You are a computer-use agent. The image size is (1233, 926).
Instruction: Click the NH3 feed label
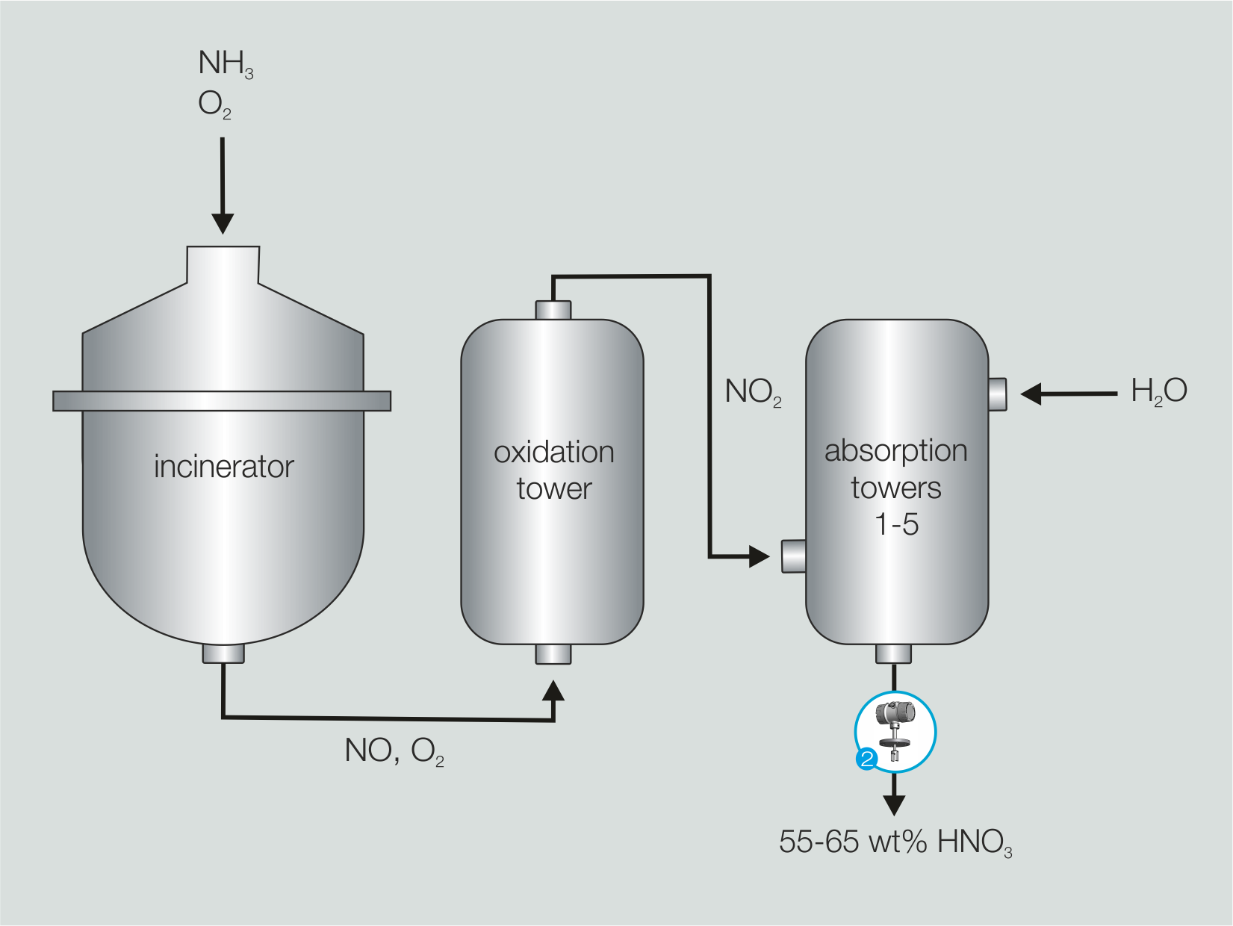225,63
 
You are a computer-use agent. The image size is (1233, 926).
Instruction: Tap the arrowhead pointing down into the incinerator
223,223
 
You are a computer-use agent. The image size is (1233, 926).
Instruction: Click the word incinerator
223,467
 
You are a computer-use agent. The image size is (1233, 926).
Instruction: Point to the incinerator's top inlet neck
223,265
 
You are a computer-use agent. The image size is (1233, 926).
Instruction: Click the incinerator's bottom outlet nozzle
223,653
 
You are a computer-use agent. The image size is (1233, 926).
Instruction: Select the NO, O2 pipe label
394,751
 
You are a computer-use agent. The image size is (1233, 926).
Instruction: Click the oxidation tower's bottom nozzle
553,654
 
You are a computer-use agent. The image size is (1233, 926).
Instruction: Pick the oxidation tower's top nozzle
553,310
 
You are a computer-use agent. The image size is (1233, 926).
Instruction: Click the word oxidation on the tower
553,453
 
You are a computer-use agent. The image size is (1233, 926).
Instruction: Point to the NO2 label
752,392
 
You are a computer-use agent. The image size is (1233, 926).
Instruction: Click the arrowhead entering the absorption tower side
759,556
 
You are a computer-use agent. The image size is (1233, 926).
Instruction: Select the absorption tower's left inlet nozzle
793,556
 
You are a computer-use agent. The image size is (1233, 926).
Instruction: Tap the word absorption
895,451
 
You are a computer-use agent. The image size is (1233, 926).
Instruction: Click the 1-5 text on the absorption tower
896,524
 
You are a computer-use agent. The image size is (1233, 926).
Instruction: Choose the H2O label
1158,391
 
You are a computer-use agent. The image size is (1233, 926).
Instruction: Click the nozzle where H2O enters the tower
998,394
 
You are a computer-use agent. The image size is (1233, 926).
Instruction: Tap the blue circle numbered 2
866,759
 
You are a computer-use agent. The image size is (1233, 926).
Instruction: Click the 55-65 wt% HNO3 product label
895,842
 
